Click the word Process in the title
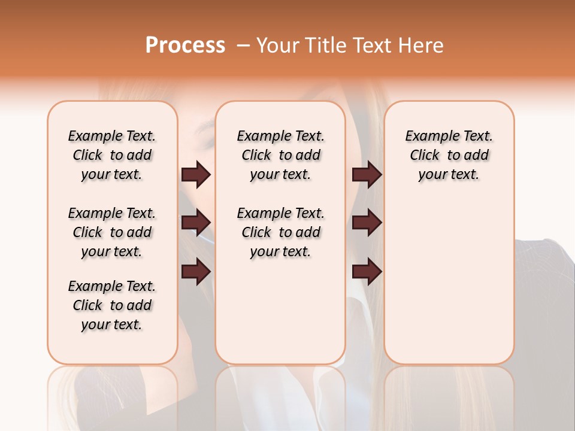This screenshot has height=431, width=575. [x=185, y=45]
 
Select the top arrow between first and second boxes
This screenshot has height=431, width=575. [x=196, y=175]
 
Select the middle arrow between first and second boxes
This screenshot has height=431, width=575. [x=196, y=223]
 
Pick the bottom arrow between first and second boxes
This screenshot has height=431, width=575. [x=196, y=272]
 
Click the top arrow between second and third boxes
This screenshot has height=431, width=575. [x=367, y=175]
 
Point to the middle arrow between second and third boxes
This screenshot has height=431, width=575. [x=367, y=223]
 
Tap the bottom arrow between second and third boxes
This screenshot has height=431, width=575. [x=367, y=272]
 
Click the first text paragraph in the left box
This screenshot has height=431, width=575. [x=112, y=155]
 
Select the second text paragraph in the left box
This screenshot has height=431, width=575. [x=112, y=232]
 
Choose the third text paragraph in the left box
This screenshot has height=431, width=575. [x=112, y=305]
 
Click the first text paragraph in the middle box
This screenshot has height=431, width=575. [x=281, y=155]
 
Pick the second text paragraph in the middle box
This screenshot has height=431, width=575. [x=281, y=232]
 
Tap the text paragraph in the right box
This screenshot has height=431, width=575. [x=449, y=155]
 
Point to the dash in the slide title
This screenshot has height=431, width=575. [x=243, y=45]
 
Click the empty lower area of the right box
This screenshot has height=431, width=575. [x=449, y=287]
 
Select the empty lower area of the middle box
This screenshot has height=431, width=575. [x=281, y=311]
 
